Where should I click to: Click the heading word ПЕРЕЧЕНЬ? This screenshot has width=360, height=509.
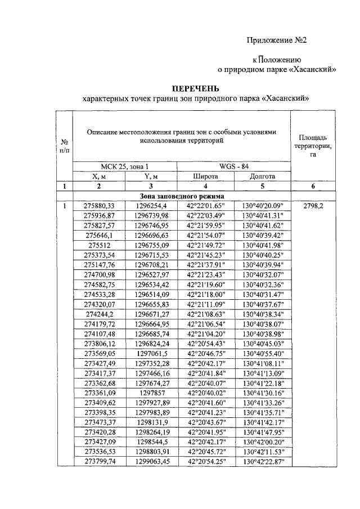(195, 88)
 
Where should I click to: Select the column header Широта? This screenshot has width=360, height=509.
(205, 176)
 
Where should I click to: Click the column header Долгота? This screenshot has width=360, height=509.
(262, 176)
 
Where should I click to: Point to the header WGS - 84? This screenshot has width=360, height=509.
(234, 166)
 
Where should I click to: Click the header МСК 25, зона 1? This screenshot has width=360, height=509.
(125, 166)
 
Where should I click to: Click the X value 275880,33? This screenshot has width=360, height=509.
(98, 206)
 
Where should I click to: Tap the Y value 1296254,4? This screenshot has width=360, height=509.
(151, 206)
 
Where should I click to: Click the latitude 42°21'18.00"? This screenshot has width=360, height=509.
(205, 294)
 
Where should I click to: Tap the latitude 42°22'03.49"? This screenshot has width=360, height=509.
(205, 215)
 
